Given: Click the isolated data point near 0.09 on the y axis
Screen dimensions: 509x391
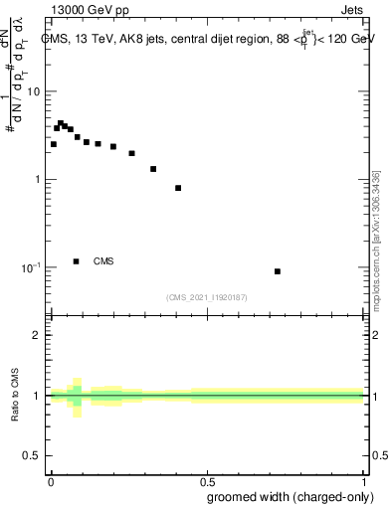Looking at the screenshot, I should pos(278,271).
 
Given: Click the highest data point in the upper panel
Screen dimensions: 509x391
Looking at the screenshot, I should pos(60,123).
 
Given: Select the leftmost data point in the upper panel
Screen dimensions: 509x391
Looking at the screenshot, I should pos(54,144).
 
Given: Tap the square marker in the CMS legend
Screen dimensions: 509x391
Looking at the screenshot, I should pos(76,261).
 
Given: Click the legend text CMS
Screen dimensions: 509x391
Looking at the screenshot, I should pos(103,261).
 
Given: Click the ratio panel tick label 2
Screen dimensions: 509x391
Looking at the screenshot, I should pos(38,335).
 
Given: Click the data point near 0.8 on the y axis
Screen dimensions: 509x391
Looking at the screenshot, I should pos(178,188).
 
